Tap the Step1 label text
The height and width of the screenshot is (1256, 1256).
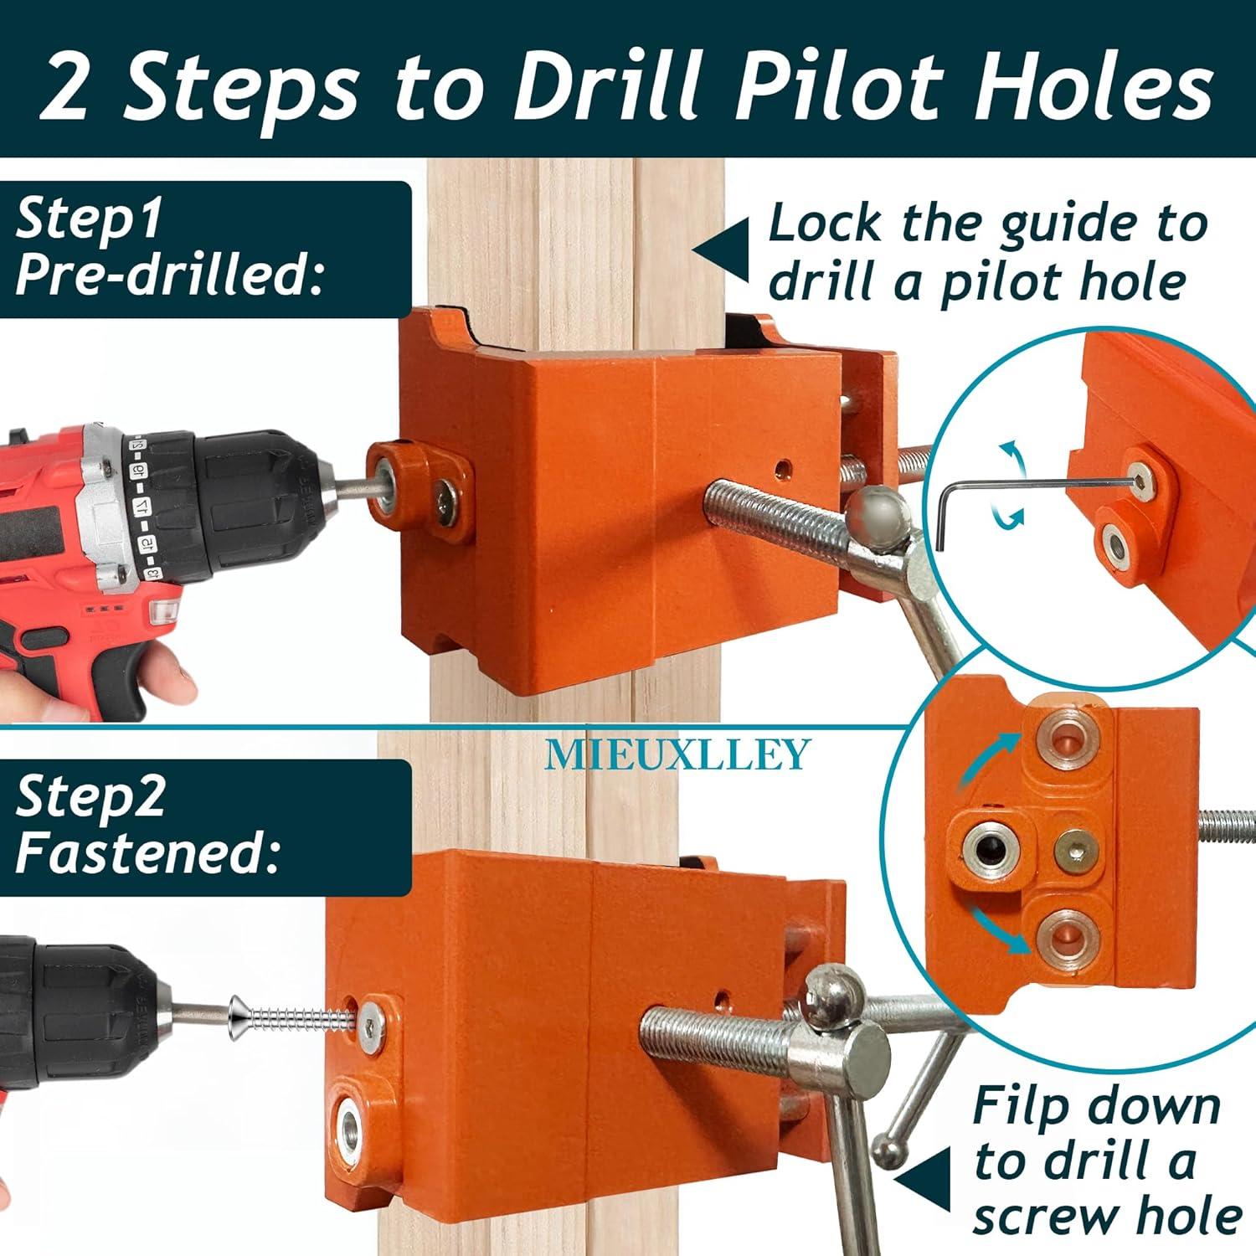pos(89,220)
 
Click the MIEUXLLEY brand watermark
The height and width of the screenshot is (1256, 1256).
pos(677,754)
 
